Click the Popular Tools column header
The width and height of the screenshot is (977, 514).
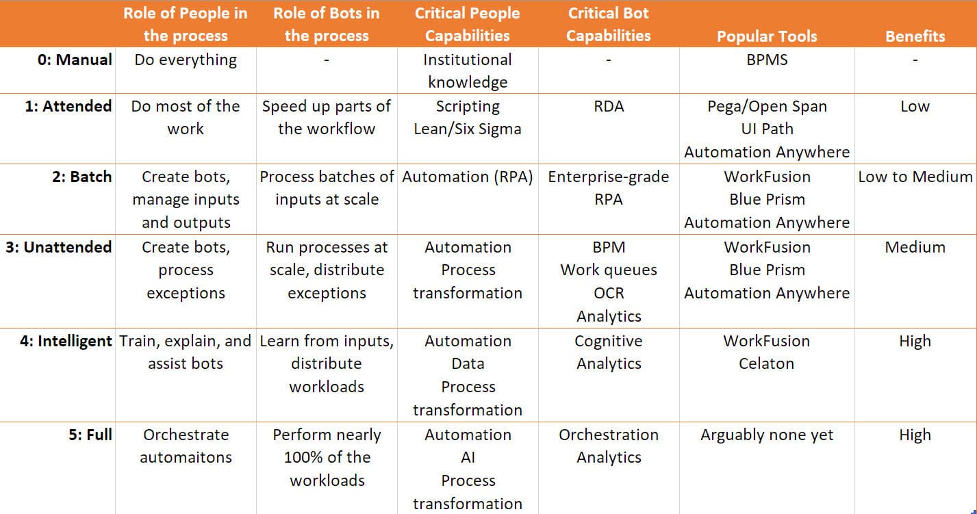[767, 36]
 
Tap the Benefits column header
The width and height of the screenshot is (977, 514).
[915, 36]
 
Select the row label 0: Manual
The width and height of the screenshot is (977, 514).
[75, 60]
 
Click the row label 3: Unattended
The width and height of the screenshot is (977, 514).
[59, 247]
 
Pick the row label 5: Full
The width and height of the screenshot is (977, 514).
[90, 435]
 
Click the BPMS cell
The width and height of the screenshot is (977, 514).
[767, 60]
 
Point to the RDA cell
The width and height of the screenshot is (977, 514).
[609, 106]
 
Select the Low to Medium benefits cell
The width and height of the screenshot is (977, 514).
[915, 177]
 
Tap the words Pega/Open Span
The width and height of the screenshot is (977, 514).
[767, 106]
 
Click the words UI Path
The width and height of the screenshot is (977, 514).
[767, 129]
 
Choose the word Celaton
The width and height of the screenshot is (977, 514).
[766, 363]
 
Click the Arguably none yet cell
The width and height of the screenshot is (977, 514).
[767, 435]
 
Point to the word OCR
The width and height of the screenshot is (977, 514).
[609, 293]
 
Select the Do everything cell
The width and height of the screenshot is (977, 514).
[186, 60]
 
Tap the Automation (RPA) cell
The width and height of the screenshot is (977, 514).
[468, 177]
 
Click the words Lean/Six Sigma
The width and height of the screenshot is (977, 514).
[468, 129]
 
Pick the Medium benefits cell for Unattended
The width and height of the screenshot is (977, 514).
[915, 247]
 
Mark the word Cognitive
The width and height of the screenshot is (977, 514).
[609, 342]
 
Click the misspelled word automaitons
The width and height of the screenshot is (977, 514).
[186, 457]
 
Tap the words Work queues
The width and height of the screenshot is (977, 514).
[609, 270]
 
